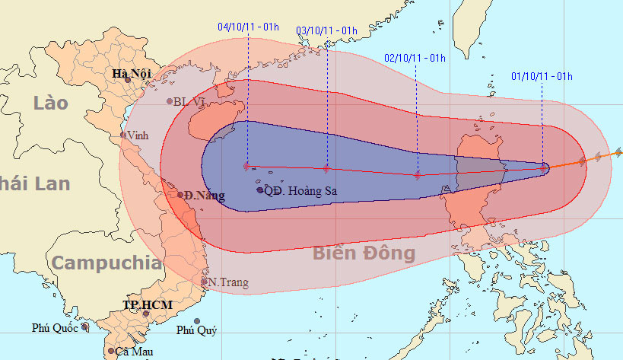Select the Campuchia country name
[x=106, y=263]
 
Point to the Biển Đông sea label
[x=364, y=253]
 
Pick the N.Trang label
[x=229, y=282]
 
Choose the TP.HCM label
[x=148, y=305]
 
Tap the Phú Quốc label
[x=55, y=328]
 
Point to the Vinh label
[x=138, y=135]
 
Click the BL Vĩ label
[x=190, y=101]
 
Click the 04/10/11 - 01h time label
[x=249, y=27]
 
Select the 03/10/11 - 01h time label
[x=327, y=30]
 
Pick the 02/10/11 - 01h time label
[x=415, y=57]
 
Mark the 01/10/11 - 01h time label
[x=542, y=75]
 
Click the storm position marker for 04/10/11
[x=247, y=165]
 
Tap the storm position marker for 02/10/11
[x=418, y=176]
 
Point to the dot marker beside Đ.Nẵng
[x=181, y=195]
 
